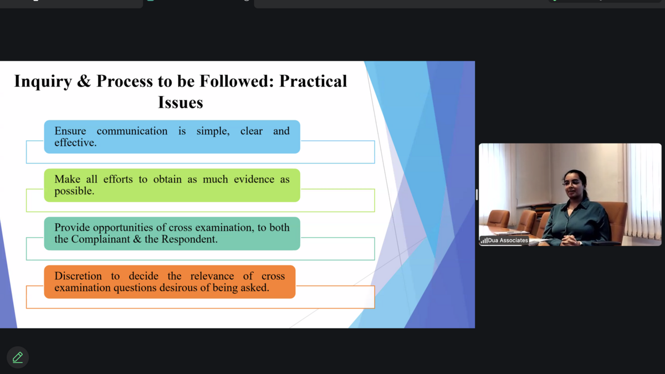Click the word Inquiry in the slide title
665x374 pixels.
click(43, 81)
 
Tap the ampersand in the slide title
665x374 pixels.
click(84, 81)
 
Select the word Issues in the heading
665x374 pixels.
click(181, 103)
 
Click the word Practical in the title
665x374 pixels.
click(313, 81)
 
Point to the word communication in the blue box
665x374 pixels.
click(132, 131)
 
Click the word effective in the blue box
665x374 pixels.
click(75, 143)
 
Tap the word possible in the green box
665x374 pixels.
click(74, 191)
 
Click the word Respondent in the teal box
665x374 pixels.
click(190, 239)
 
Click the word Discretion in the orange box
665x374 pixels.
click(78, 276)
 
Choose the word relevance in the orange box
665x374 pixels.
click(212, 276)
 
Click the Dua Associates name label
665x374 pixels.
click(508, 240)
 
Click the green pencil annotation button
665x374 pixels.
click(18, 357)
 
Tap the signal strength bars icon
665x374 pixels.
click(484, 240)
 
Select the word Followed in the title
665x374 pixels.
click(236, 81)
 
